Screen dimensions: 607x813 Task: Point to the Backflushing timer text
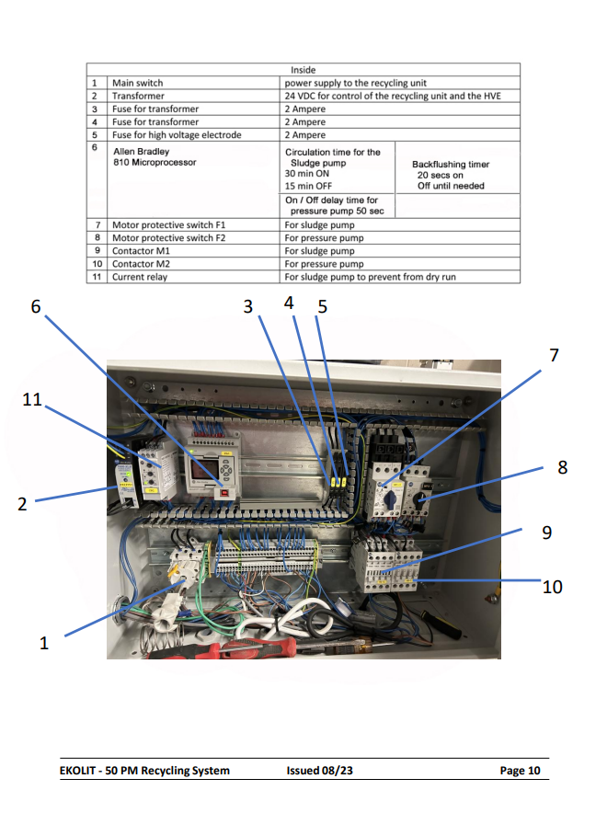click(451, 165)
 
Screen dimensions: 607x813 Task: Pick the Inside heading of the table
click(303, 70)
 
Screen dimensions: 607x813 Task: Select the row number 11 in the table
click(97, 277)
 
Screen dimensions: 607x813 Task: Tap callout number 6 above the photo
click(36, 306)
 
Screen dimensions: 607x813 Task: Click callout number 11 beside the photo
click(31, 399)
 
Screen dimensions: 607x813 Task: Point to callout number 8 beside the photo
click(563, 467)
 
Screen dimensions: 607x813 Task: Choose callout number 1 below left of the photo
click(44, 643)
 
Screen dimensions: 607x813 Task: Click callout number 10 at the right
click(552, 587)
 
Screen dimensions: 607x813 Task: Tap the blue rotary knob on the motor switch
click(390, 498)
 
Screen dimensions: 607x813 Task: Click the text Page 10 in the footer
click(520, 771)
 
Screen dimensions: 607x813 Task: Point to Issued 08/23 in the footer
click(320, 771)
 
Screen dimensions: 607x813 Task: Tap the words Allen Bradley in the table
click(142, 152)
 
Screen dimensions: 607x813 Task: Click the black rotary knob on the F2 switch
click(421, 498)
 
